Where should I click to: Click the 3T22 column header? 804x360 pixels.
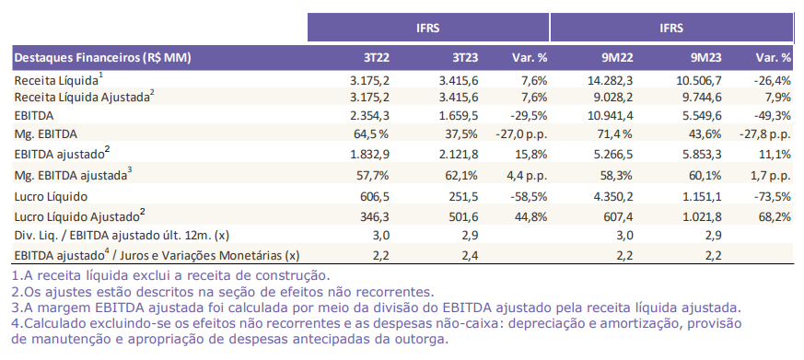[x=377, y=57]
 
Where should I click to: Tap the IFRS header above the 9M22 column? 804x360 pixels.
[x=671, y=28]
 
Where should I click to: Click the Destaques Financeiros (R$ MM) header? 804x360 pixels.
[x=102, y=57]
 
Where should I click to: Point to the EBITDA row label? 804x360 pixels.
[x=34, y=115]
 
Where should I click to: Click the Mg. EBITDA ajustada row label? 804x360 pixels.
[x=73, y=174]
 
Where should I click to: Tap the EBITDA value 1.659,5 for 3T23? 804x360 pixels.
[x=459, y=115]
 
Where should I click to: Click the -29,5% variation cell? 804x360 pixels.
[x=528, y=115]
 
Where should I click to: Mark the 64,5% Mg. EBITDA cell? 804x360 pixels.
[x=373, y=133]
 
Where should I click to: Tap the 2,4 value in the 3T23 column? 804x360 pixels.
[x=470, y=254]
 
